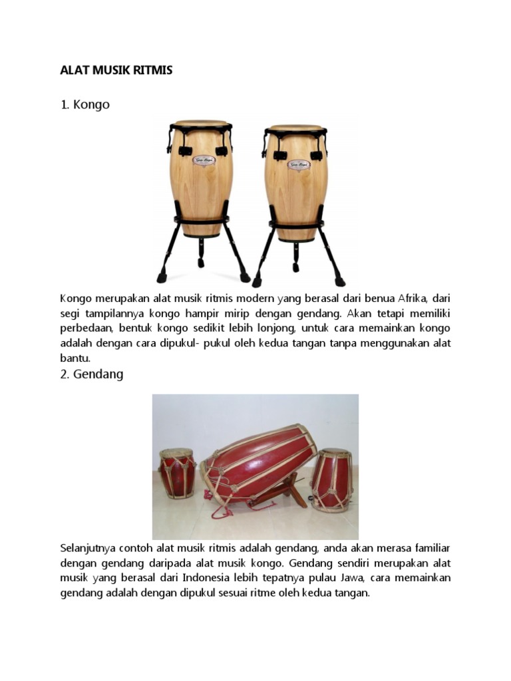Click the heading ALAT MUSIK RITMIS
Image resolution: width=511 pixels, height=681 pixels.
pos(116,70)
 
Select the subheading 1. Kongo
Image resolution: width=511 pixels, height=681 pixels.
pos(85,104)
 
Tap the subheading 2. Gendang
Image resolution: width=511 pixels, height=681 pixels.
pos(92,374)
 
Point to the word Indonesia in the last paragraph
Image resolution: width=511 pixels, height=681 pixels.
pos(206,578)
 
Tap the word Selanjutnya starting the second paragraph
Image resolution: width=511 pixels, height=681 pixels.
pos(85,549)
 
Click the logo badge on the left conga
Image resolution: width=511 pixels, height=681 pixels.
pos(204,160)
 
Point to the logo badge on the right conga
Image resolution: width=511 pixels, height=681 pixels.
pos(299,165)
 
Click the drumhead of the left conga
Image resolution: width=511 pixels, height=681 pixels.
pos(201,123)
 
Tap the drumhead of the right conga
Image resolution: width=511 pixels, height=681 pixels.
pos(296,127)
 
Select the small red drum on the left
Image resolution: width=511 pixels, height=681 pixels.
pos(178,474)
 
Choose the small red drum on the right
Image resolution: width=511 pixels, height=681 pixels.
pos(331,480)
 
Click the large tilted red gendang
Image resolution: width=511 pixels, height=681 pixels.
pos(259,465)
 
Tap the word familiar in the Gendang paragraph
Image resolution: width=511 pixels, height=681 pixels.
pos(432,548)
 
